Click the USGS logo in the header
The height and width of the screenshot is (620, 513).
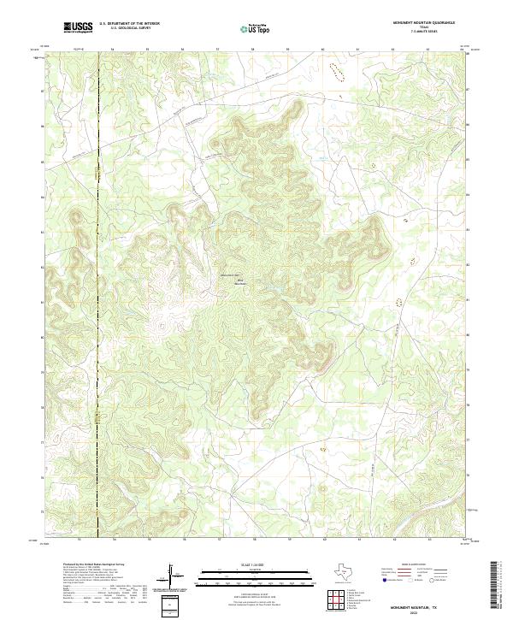click(78, 27)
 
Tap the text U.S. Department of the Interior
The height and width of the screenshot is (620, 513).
click(127, 23)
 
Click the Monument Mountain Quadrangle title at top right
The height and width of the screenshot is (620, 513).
click(424, 23)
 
